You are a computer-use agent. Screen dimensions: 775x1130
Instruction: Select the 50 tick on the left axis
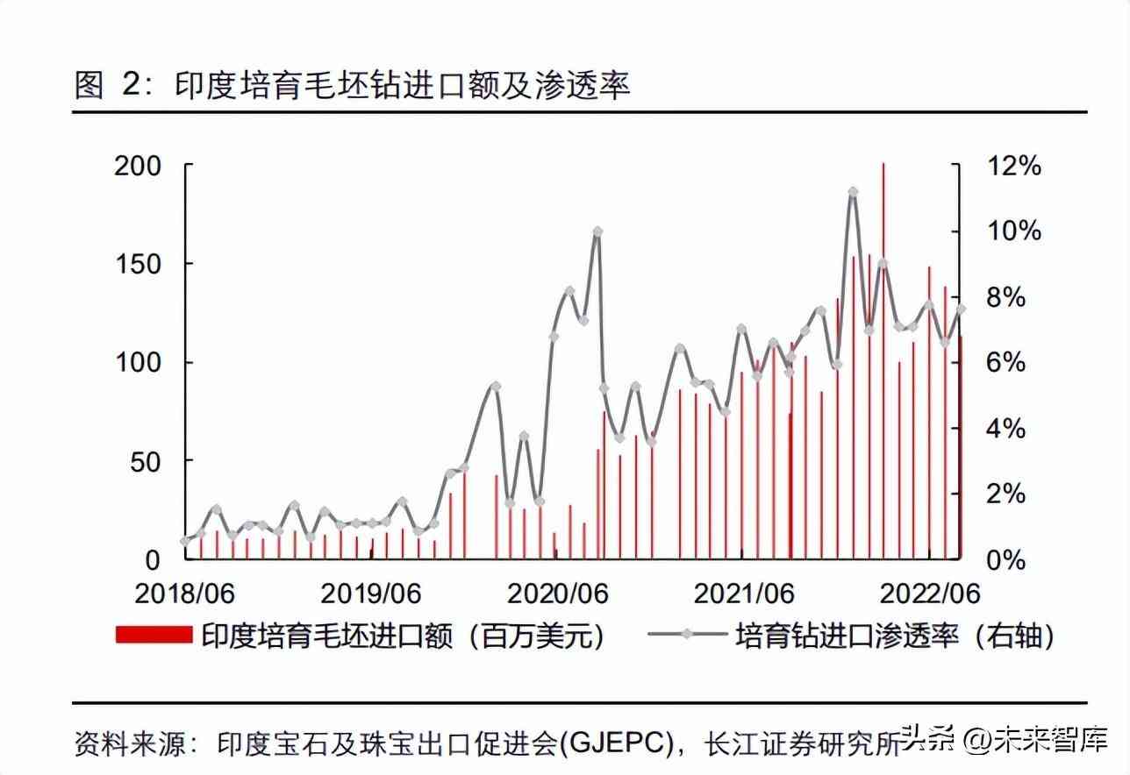147,460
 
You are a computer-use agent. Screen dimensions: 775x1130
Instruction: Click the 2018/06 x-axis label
185,594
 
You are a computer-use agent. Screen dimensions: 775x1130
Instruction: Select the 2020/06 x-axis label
559,594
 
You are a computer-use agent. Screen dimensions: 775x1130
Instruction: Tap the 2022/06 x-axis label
929,594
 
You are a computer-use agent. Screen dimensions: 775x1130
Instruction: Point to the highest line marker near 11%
852,191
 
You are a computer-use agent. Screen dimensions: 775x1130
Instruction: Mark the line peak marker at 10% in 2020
597,231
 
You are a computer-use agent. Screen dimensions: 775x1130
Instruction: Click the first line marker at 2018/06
185,541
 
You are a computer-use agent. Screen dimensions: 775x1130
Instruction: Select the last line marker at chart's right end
961,309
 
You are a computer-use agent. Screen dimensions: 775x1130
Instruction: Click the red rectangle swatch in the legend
154,636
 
